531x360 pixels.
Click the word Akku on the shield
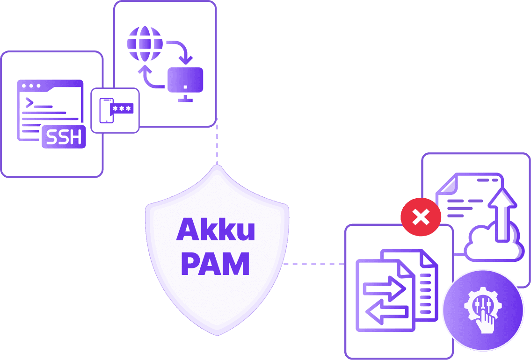tap(216, 230)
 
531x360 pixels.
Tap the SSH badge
tap(64, 137)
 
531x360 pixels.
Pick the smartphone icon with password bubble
tap(107, 110)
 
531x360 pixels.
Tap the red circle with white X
tap(421, 216)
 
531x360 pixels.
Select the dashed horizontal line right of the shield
tap(314, 264)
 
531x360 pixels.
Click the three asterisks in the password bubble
tap(122, 108)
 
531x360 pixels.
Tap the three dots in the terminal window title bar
tap(31, 86)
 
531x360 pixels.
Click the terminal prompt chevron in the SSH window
tap(29, 102)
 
